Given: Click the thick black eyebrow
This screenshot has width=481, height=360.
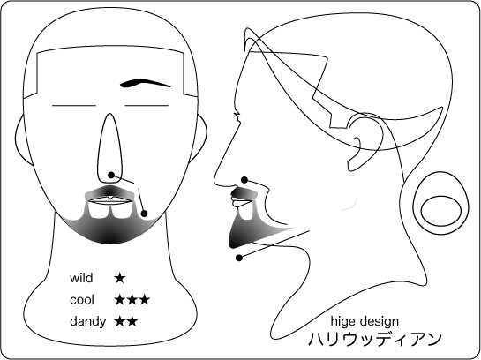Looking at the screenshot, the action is [144, 83].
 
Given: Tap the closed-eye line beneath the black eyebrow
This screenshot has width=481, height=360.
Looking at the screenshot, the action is [147, 106].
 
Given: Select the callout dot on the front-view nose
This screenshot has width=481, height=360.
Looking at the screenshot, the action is [111, 175].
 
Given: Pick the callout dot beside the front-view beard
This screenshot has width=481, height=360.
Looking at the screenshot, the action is [144, 214].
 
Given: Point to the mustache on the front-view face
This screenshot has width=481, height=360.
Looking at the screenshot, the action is [109, 192].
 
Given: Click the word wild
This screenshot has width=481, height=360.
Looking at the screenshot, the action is [81, 278].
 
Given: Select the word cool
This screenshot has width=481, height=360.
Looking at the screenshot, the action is [81, 300].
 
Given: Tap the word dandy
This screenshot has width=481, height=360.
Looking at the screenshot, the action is [88, 322].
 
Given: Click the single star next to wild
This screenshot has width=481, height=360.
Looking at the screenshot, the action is [120, 279].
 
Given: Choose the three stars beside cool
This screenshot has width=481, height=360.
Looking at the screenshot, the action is [132, 300].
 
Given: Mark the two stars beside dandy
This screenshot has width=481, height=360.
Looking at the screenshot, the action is [126, 322].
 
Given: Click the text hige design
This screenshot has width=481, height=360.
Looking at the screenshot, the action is [365, 322].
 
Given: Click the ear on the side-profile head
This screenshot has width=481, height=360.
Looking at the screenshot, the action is [365, 141].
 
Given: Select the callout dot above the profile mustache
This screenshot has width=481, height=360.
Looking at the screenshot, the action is [244, 180].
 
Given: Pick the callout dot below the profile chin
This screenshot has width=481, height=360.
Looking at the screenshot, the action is [239, 258].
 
